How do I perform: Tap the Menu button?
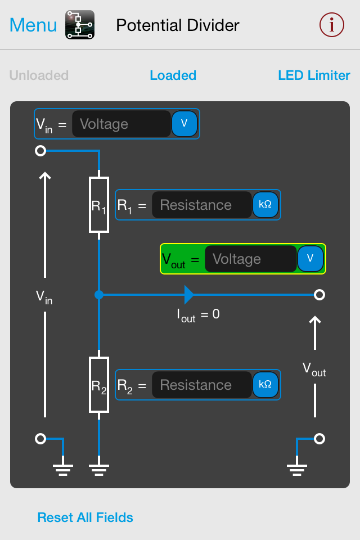click(x=33, y=25)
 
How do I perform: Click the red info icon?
click(x=331, y=25)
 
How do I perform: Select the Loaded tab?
click(x=173, y=75)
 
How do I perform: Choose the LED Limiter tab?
click(x=314, y=75)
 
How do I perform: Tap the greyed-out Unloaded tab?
click(x=39, y=75)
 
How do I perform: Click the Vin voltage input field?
click(x=121, y=124)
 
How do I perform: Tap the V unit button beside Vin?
click(x=184, y=124)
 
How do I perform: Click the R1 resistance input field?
click(x=201, y=205)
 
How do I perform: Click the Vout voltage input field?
click(x=250, y=259)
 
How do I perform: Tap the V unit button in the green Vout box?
click(x=310, y=259)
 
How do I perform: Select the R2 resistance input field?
click(x=201, y=385)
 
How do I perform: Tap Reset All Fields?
click(x=85, y=517)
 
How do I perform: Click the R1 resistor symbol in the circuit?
click(x=99, y=205)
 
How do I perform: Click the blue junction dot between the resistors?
click(x=99, y=294)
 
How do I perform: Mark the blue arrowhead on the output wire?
click(x=189, y=294)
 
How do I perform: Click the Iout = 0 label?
click(x=198, y=315)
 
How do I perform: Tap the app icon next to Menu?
click(x=80, y=25)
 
